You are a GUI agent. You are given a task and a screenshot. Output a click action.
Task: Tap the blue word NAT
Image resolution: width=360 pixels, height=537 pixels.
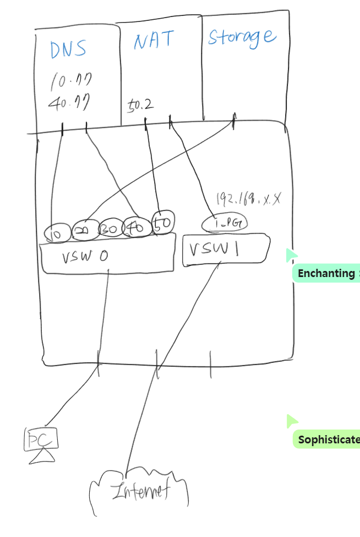click(x=154, y=40)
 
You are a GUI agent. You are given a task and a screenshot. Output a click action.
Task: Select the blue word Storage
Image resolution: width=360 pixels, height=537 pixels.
click(x=241, y=37)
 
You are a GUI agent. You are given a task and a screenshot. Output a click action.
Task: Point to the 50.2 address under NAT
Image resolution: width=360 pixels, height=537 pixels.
click(x=140, y=104)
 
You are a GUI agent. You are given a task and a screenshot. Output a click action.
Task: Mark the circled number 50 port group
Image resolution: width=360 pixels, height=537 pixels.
click(x=163, y=221)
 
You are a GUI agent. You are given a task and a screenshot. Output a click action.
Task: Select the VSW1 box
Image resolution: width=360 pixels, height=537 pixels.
click(x=225, y=251)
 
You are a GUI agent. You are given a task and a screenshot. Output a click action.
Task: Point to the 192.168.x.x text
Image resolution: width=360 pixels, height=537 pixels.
click(x=248, y=198)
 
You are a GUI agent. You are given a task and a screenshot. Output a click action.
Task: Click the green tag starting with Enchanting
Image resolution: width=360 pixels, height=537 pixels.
click(x=326, y=273)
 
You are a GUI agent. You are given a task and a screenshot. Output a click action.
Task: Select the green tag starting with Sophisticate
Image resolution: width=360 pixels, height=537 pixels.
click(x=326, y=440)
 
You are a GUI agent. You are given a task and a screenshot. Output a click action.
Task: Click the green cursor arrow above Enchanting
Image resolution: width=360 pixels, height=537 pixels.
click(x=291, y=254)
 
